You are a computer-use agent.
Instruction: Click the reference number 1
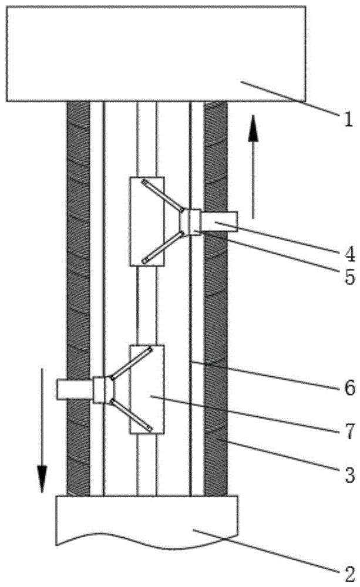(x=348, y=120)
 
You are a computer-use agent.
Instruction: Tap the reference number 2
(x=349, y=573)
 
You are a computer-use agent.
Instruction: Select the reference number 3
(x=349, y=475)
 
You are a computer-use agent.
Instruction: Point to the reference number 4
(x=349, y=255)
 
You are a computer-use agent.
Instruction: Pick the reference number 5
(x=349, y=278)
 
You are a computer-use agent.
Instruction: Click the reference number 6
(x=349, y=388)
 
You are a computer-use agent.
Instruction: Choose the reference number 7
(x=349, y=431)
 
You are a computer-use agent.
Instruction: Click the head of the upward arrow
(x=253, y=129)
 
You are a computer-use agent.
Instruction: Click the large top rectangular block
(x=156, y=53)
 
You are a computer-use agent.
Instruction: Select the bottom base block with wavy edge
(x=146, y=521)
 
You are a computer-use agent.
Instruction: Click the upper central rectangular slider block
(x=146, y=222)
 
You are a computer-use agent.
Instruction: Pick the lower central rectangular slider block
(x=146, y=389)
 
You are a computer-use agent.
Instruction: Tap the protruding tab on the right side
(x=219, y=222)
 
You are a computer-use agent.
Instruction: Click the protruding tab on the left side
(x=75, y=389)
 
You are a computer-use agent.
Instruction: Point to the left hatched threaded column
(x=78, y=298)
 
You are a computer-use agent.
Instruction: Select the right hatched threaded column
(x=216, y=298)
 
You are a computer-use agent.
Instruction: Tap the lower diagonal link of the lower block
(x=131, y=416)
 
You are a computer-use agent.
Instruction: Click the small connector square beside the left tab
(x=99, y=390)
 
